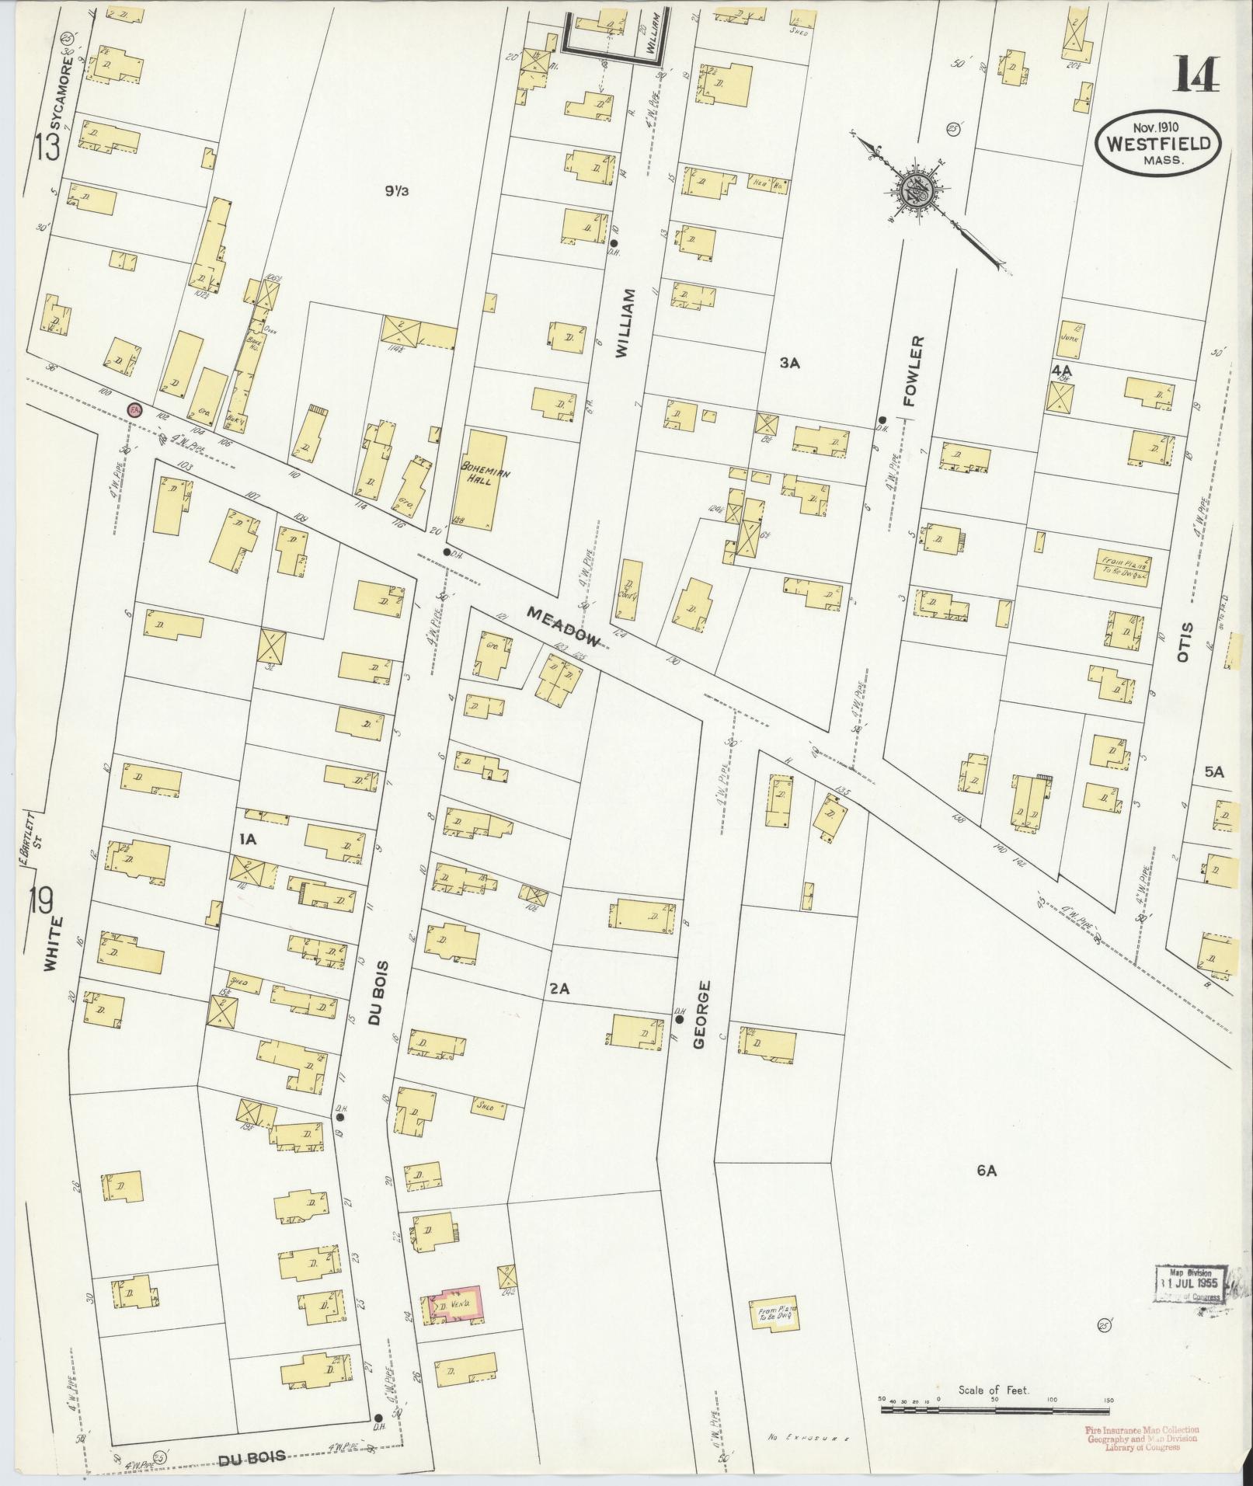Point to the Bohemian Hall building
pyautogui.click(x=485, y=482)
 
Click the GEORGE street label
pyautogui.click(x=701, y=1014)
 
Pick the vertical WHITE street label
pyautogui.click(x=51, y=942)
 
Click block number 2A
pyautogui.click(x=559, y=989)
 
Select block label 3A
pyautogui.click(x=789, y=362)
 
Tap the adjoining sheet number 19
pyautogui.click(x=40, y=902)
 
